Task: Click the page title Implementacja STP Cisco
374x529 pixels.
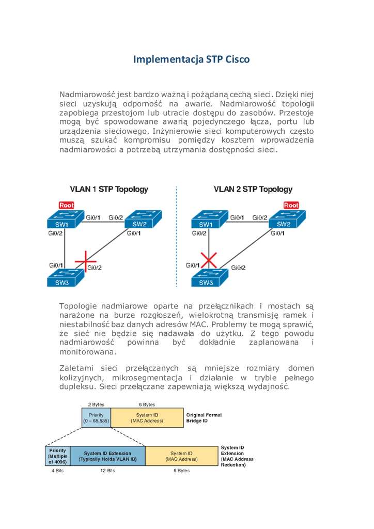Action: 191,59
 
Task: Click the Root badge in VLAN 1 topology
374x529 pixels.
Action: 67,205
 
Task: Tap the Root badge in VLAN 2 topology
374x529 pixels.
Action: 291,205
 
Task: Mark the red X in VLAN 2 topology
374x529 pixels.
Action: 209,261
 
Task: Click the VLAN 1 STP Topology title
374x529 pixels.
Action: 109,190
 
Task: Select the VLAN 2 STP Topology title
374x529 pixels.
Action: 253,190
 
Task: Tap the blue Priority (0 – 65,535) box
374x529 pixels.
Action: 97,418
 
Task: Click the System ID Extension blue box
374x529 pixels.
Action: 107,456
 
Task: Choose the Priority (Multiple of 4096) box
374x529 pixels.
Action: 57,456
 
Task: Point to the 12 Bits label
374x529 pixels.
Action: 107,471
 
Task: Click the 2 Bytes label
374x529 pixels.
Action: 97,404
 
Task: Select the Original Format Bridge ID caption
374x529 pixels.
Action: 204,418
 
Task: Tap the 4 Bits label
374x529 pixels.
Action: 57,471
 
